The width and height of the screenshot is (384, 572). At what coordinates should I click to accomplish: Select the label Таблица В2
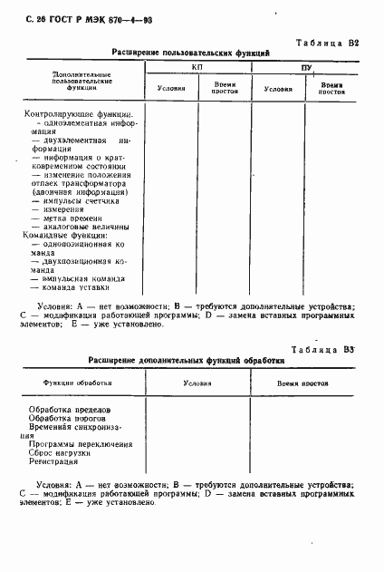[x=328, y=43]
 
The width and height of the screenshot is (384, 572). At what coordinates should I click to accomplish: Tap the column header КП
[x=197, y=68]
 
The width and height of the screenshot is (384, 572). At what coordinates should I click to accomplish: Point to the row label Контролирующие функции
[x=78, y=115]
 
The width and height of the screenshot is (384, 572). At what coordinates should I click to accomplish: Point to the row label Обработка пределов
[x=71, y=409]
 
